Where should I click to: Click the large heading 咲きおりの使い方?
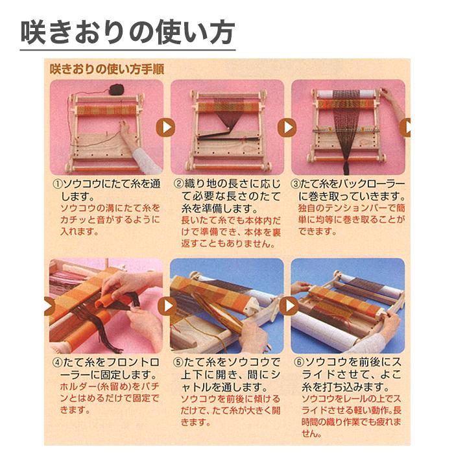pyautogui.click(x=126, y=32)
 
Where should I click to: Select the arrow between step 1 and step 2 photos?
pyautogui.click(x=166, y=128)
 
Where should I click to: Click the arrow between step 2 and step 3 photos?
pyautogui.click(x=287, y=128)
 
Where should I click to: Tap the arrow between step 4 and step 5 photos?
pyautogui.click(x=167, y=305)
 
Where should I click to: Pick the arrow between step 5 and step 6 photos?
pyautogui.click(x=288, y=305)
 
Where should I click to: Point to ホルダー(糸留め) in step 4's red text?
pyautogui.click(x=87, y=387)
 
